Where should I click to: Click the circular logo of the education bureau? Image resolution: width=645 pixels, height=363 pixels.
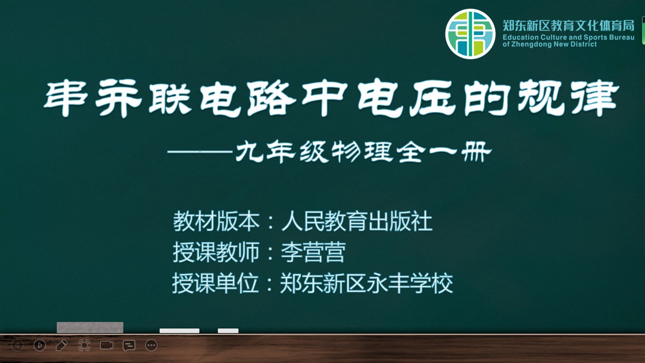tap(470, 34)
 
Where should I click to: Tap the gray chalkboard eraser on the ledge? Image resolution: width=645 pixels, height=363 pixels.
tap(90, 327)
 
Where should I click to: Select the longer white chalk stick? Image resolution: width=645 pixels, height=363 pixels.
tap(180, 331)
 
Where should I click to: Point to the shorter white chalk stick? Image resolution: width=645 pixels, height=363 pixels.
tap(228, 331)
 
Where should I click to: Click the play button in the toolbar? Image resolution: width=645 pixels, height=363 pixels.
tap(39, 345)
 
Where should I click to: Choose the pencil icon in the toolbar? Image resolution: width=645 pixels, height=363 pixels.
tap(61, 345)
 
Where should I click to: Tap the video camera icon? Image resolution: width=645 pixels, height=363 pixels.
tap(106, 345)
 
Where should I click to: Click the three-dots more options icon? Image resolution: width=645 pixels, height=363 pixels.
tap(151, 345)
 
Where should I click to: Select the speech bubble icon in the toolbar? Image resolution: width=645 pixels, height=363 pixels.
tap(129, 345)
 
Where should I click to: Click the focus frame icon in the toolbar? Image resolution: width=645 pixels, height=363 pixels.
tap(84, 345)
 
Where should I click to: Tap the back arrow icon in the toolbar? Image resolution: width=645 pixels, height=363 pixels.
tap(17, 345)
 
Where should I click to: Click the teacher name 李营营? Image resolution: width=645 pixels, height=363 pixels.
tap(313, 252)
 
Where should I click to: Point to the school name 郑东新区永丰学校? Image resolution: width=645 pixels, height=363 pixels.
tap(367, 283)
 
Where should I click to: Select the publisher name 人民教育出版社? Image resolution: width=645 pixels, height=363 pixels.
tap(357, 221)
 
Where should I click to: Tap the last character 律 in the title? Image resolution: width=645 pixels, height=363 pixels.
tap(595, 98)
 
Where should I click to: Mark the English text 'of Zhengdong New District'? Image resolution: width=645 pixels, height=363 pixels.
tap(550, 44)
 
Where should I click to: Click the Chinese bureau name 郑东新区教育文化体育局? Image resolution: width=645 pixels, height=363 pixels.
tap(569, 26)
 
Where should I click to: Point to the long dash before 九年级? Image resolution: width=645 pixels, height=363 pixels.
tap(200, 151)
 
